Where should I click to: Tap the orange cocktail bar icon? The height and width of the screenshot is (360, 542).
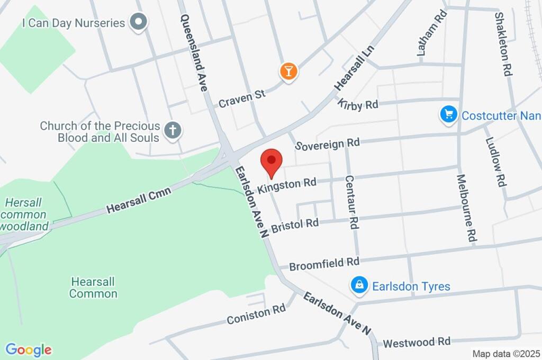pyautogui.click(x=288, y=71)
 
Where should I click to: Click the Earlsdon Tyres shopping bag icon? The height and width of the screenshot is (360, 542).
pyautogui.click(x=359, y=286)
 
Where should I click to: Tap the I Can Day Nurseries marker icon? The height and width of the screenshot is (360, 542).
pyautogui.click(x=139, y=23)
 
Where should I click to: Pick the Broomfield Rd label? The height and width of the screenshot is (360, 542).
pyautogui.click(x=325, y=263)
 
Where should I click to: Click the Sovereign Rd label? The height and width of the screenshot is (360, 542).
pyautogui.click(x=328, y=144)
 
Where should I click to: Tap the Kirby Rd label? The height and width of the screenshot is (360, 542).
pyautogui.click(x=359, y=104)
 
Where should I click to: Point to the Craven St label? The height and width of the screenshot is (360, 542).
pyautogui.click(x=242, y=98)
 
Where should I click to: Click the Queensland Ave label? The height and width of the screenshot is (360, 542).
pyautogui.click(x=193, y=52)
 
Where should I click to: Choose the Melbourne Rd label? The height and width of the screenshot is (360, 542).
pyautogui.click(x=465, y=208)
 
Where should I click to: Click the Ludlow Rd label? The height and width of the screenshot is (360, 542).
pyautogui.click(x=494, y=157)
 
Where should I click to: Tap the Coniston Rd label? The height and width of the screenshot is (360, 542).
pyautogui.click(x=256, y=316)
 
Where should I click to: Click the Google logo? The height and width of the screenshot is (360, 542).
pyautogui.click(x=29, y=349)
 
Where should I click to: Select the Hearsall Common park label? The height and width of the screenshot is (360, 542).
pyautogui.click(x=93, y=287)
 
